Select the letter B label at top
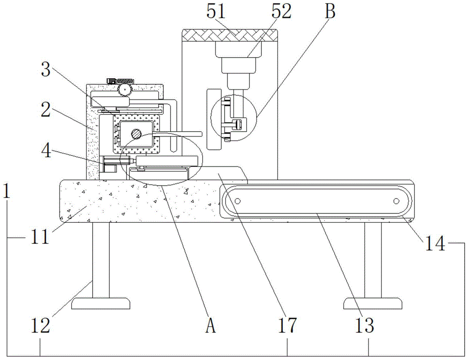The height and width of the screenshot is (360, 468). point(330,12)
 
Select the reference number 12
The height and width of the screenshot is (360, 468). point(40,326)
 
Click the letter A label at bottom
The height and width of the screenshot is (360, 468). point(210,326)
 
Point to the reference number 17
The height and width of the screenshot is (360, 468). point(287,326)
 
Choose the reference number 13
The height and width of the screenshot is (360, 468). point(368,326)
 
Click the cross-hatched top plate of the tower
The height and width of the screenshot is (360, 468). point(229,35)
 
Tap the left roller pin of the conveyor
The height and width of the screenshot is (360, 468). point(237,201)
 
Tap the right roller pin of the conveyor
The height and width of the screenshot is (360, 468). point(395,201)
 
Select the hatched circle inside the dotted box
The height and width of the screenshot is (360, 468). point(136,134)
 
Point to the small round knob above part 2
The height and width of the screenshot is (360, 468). point(124,89)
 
